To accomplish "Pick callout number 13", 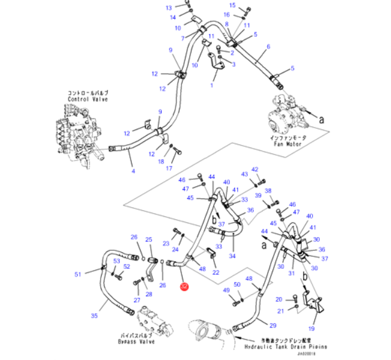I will (168, 8).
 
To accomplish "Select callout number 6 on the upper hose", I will (268, 46).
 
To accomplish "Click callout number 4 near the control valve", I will (133, 172).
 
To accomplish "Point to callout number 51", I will (77, 275).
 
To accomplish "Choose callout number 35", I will (93, 316).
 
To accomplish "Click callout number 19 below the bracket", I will (311, 328).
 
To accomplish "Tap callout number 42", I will (254, 170).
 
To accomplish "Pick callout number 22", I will (216, 273).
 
